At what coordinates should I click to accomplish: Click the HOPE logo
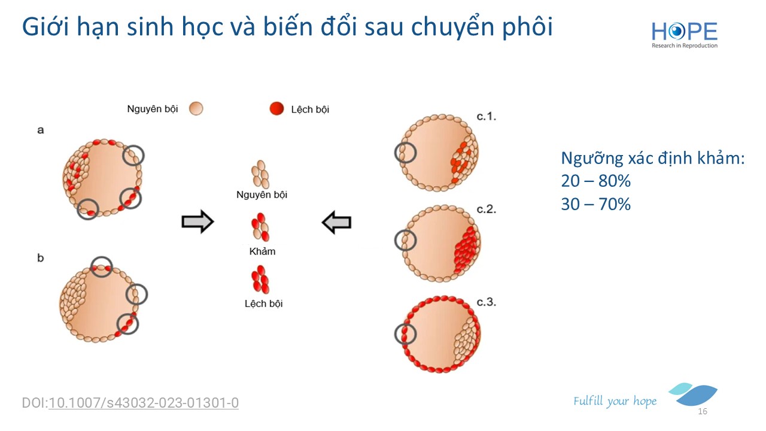point(684,35)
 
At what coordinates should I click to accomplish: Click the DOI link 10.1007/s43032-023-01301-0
point(144,403)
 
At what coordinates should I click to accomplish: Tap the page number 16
point(703,411)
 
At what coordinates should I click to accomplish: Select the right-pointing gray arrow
point(197,221)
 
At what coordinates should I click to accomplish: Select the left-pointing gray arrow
point(336,222)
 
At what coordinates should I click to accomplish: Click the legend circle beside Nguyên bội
point(196,109)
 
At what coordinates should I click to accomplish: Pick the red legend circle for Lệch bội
point(276,108)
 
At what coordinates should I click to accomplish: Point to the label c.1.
point(487,117)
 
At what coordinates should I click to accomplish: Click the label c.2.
point(487,209)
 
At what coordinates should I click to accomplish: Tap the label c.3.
point(487,302)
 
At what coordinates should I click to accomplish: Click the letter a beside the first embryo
point(40,130)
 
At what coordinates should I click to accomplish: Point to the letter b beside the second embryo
point(40,257)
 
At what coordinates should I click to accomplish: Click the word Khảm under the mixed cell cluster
point(262,251)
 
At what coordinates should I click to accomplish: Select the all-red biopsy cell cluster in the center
point(260,280)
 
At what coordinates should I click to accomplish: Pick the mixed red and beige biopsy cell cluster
point(260,227)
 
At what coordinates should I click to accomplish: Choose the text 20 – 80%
point(595,181)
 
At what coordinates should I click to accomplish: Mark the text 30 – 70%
point(595,204)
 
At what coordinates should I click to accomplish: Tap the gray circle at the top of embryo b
point(102,257)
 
